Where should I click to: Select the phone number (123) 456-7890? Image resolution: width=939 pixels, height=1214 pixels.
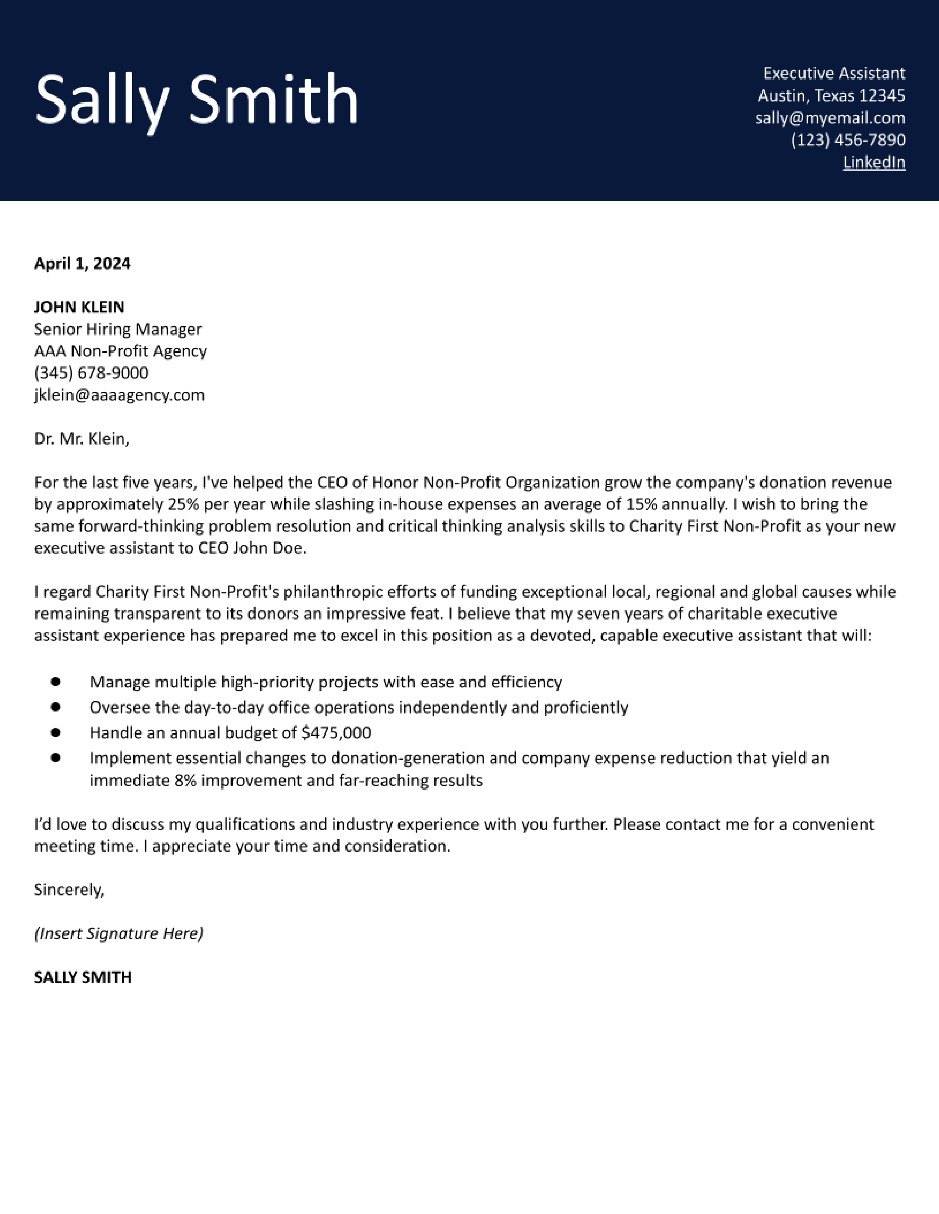(848, 140)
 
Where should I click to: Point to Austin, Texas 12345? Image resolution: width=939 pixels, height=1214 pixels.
(831, 96)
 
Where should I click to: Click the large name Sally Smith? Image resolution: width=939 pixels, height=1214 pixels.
(196, 99)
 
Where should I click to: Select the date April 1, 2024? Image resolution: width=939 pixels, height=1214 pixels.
(82, 263)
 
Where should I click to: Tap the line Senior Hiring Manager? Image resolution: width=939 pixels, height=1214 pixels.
(118, 329)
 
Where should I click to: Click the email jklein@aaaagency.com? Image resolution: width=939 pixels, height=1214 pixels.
(119, 395)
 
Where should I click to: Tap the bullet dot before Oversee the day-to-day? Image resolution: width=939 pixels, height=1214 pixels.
(55, 707)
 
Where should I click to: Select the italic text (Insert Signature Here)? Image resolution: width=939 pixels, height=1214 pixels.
(119, 933)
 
